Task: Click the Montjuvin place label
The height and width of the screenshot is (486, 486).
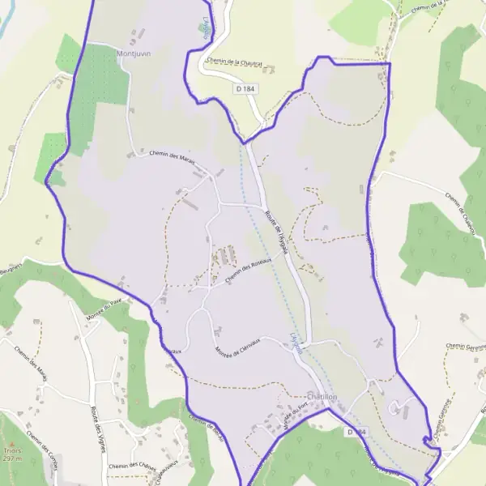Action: pos(134,53)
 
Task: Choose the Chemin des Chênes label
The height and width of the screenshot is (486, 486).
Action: pos(131,466)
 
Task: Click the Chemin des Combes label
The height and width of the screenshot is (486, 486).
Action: pos(40,446)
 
